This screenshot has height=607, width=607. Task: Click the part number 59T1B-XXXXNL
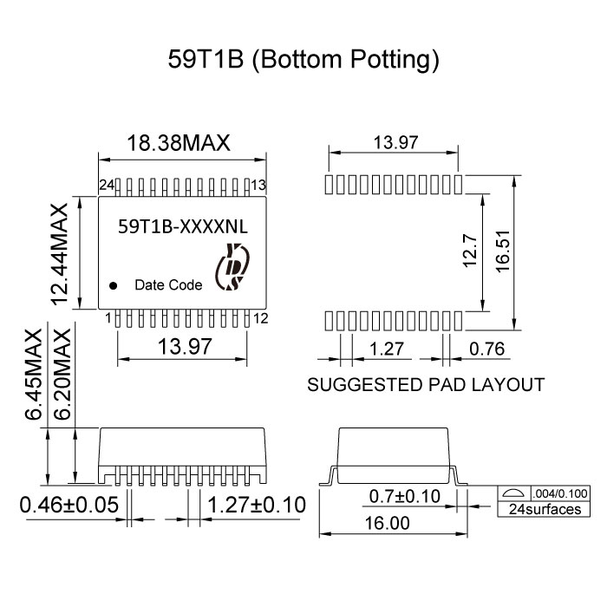(x=182, y=227)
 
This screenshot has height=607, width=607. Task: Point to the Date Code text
(x=168, y=284)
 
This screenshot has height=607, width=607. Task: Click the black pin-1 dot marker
(x=113, y=284)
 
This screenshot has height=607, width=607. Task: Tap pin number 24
(x=107, y=185)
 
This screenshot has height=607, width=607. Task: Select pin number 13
(x=258, y=185)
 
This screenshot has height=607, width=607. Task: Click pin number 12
(x=258, y=319)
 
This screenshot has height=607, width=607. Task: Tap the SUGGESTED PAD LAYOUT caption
(x=426, y=384)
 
